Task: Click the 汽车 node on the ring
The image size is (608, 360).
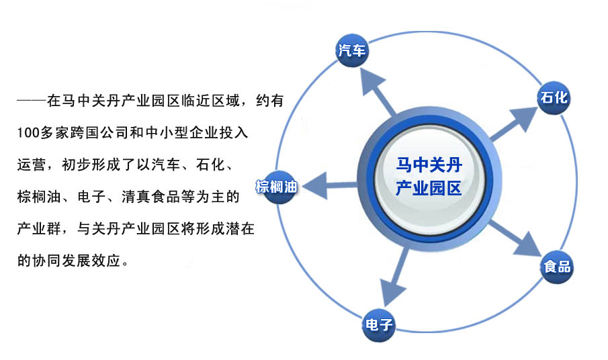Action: [351, 50]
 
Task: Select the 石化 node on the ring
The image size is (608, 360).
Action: [554, 97]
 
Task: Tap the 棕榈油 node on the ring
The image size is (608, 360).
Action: [277, 187]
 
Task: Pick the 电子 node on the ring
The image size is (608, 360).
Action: [379, 324]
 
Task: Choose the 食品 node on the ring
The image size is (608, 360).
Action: [557, 267]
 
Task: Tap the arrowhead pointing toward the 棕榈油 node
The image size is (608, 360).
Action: [315, 186]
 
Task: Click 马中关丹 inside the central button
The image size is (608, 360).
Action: [429, 165]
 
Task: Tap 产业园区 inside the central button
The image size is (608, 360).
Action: [429, 188]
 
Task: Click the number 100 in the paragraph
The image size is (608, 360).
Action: [28, 133]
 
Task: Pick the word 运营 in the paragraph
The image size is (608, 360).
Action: [32, 165]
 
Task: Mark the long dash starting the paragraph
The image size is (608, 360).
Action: [32, 101]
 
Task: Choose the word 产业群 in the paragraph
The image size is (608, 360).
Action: [39, 228]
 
